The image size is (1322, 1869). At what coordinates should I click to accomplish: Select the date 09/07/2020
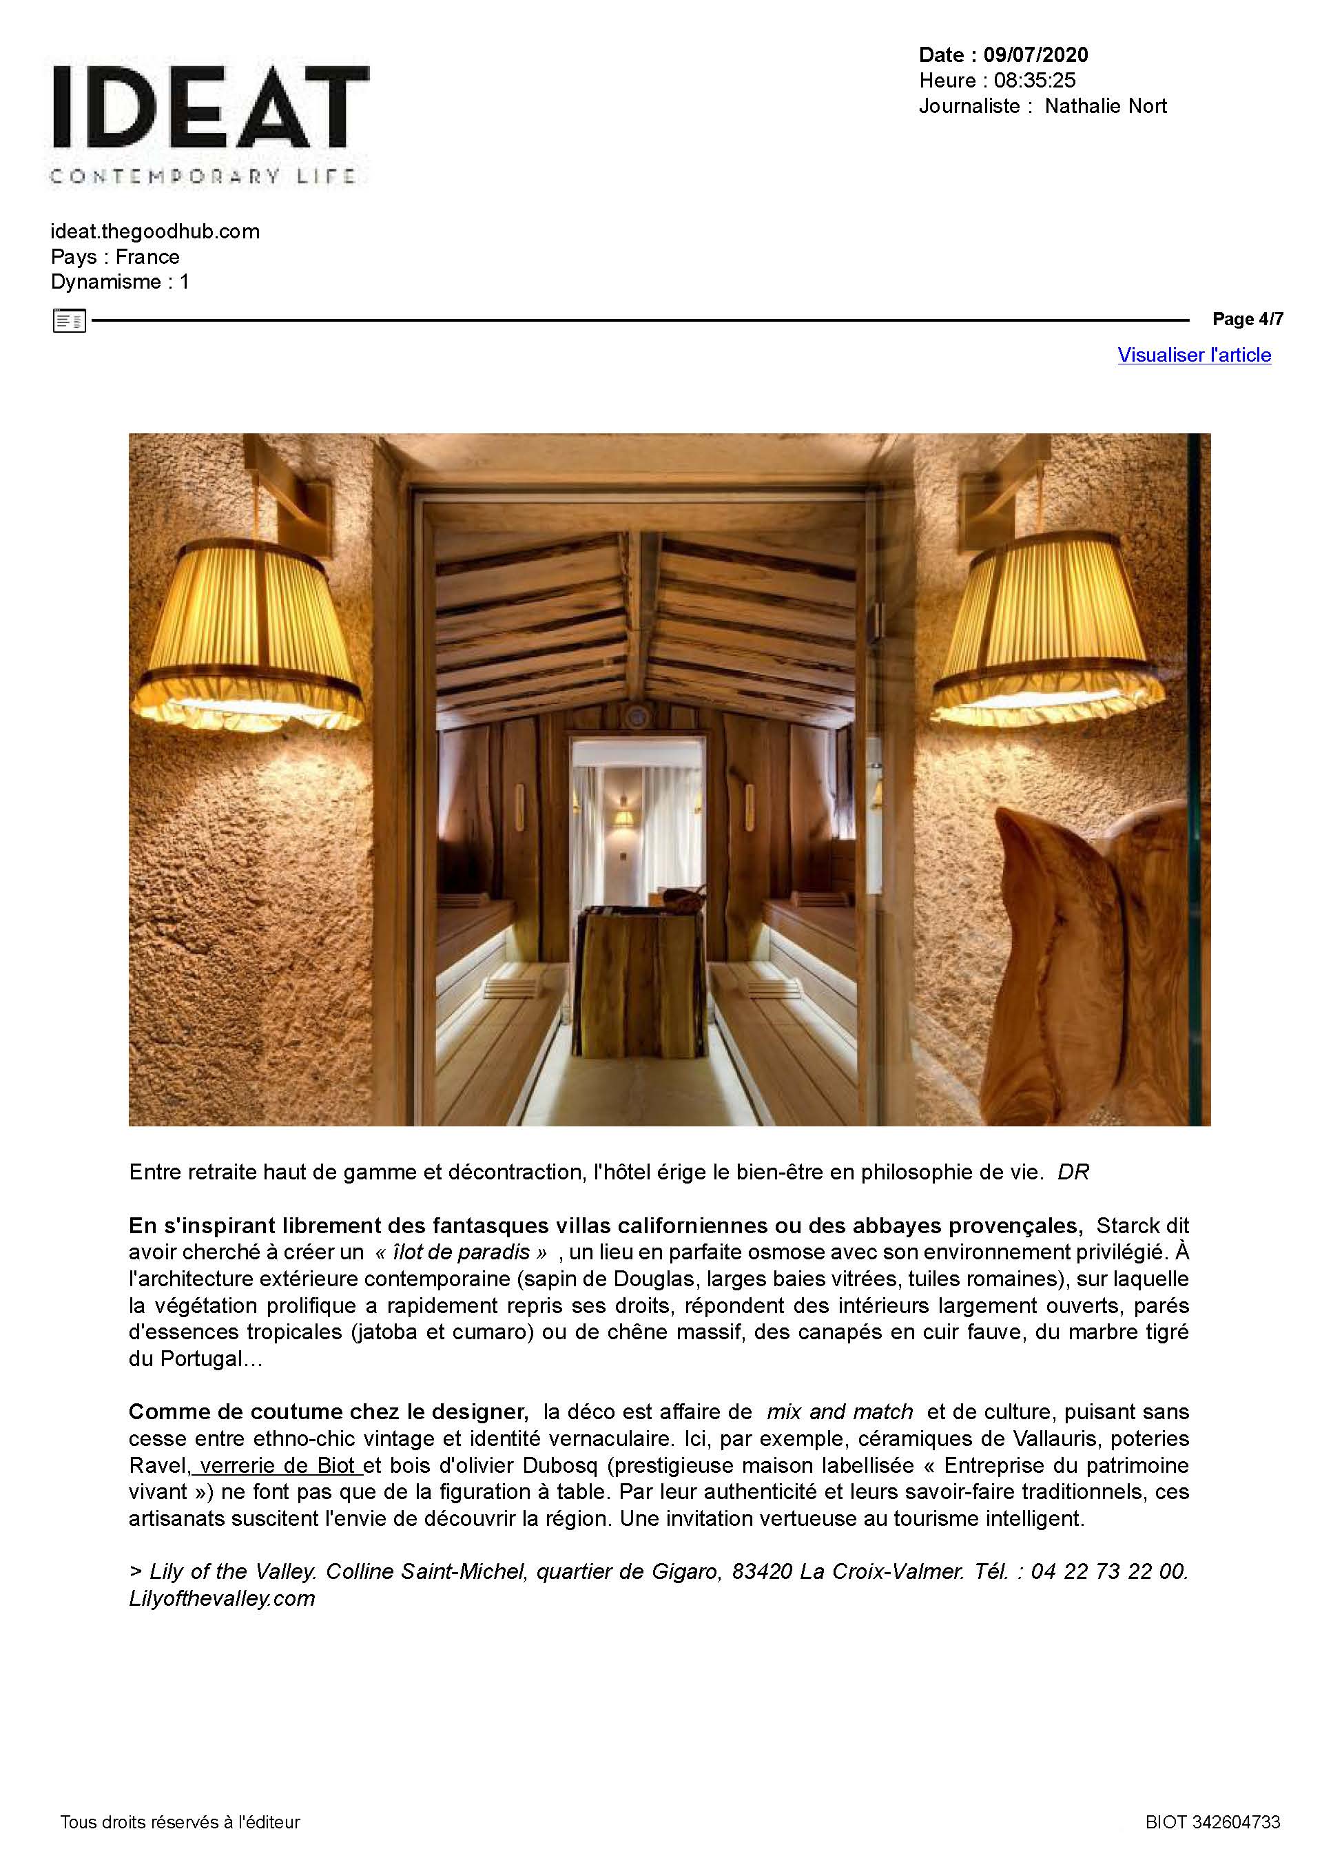(1035, 54)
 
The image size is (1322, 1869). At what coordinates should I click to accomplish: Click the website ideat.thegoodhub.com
(155, 231)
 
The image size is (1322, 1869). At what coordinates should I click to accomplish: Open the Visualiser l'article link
(1193, 355)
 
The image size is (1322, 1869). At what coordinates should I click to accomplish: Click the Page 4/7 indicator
(1247, 319)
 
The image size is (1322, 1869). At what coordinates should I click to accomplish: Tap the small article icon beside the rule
(69, 321)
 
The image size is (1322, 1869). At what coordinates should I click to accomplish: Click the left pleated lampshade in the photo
(251, 637)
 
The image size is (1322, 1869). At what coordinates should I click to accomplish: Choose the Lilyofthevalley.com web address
(221, 1598)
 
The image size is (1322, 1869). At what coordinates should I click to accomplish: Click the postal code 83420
(761, 1571)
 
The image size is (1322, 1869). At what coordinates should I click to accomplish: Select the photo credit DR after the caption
(1073, 1173)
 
